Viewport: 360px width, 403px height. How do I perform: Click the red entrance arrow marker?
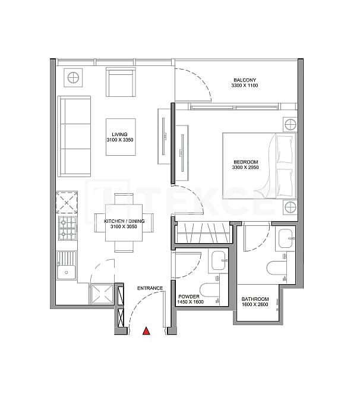[x=146, y=332]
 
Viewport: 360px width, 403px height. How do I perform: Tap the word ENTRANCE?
[x=150, y=289]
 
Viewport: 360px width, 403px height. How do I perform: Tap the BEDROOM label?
[x=245, y=162]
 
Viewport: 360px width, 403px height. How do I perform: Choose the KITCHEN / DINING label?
[x=121, y=221]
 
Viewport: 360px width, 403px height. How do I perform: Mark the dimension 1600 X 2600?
[x=255, y=306]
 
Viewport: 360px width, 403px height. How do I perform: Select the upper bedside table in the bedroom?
[x=289, y=124]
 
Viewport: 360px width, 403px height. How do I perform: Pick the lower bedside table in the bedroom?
[x=289, y=207]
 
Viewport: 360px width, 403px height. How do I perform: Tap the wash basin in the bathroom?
[x=286, y=238]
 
